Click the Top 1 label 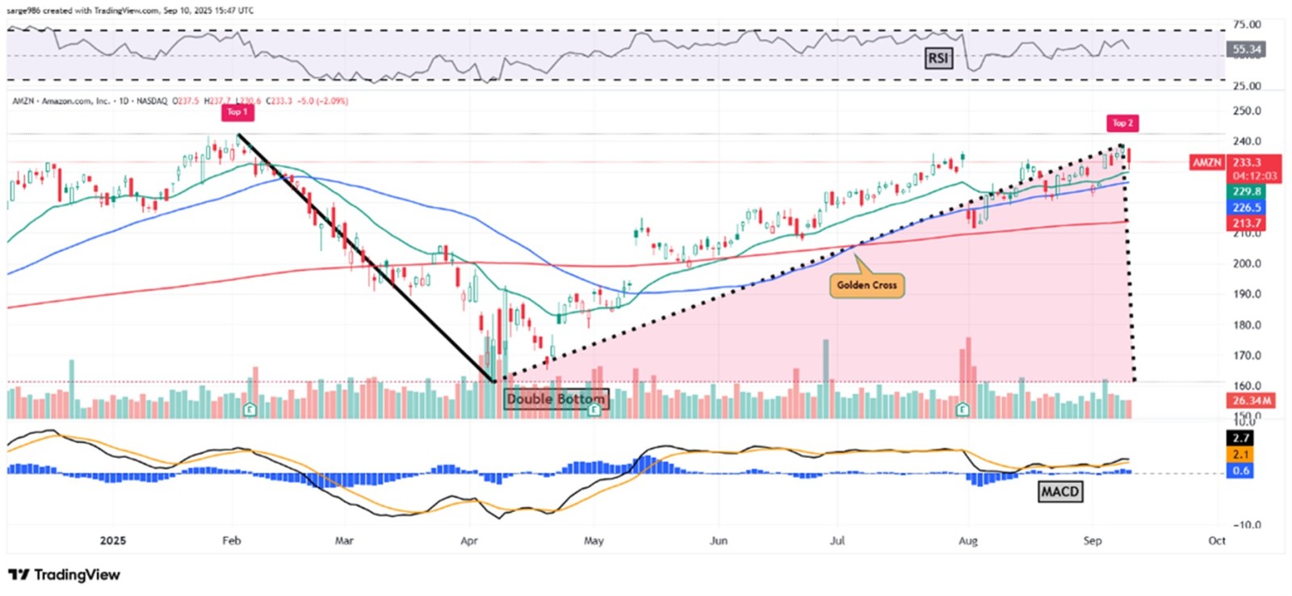pyautogui.click(x=237, y=112)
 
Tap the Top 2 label pyautogui.click(x=1122, y=123)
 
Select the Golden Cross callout pyautogui.click(x=866, y=285)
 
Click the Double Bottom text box pyautogui.click(x=556, y=399)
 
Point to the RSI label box pyautogui.click(x=938, y=58)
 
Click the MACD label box pyautogui.click(x=1059, y=491)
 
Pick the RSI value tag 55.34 pyautogui.click(x=1246, y=49)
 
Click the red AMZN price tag pyautogui.click(x=1207, y=162)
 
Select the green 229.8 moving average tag pyautogui.click(x=1246, y=191)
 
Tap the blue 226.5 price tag pyautogui.click(x=1246, y=208)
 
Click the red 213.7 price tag pyautogui.click(x=1246, y=223)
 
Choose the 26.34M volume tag pyautogui.click(x=1252, y=401)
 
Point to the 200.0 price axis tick pyautogui.click(x=1246, y=263)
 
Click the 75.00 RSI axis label pyautogui.click(x=1246, y=24)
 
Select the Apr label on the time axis pyautogui.click(x=468, y=540)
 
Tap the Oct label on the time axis pyautogui.click(x=1216, y=540)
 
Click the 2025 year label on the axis pyautogui.click(x=113, y=540)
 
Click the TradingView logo pyautogui.click(x=65, y=574)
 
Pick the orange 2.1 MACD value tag pyautogui.click(x=1240, y=455)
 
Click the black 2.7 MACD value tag pyautogui.click(x=1240, y=439)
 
